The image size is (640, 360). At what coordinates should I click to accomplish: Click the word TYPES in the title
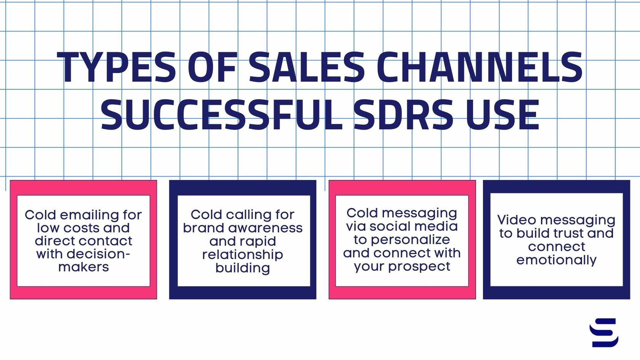coord(116,67)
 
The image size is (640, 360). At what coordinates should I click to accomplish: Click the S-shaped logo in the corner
coord(604,333)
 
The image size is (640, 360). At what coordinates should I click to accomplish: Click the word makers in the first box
coord(83,267)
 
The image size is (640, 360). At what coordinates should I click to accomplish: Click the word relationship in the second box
coord(243,254)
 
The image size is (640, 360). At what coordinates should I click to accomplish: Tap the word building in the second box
coord(243,268)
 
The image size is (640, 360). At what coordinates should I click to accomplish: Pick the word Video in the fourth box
coord(517,220)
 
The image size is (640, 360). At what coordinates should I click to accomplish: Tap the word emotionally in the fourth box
coord(557,260)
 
